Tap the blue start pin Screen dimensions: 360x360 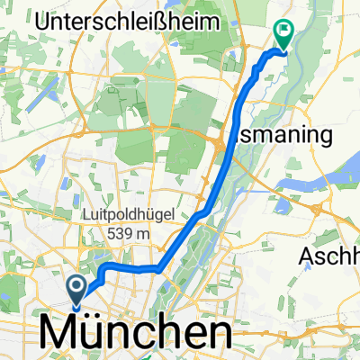(x=76, y=289)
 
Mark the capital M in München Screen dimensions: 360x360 (x=58, y=335)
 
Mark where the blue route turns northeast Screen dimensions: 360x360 (x=160, y=267)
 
